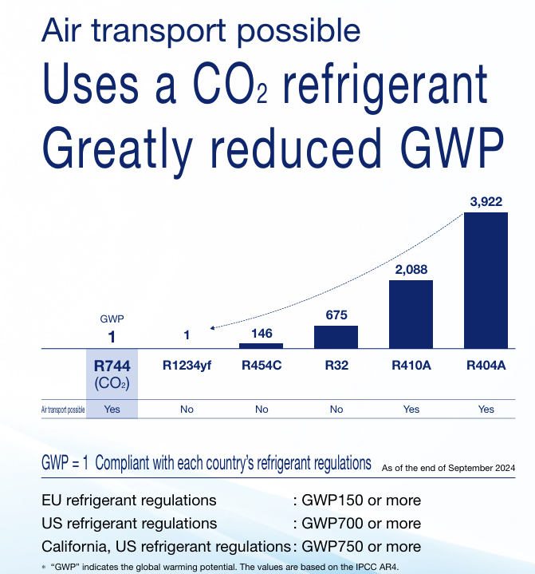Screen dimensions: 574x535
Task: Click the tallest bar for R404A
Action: click(x=486, y=280)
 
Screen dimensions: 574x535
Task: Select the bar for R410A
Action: click(x=411, y=314)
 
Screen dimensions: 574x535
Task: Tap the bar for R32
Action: click(x=336, y=337)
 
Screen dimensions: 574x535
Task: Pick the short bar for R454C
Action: click(x=262, y=346)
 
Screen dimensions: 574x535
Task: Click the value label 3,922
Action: click(x=486, y=201)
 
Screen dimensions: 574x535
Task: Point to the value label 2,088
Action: click(x=411, y=269)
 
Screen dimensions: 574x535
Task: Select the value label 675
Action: click(x=336, y=315)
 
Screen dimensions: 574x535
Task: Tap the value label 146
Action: click(x=262, y=333)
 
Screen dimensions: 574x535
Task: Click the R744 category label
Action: click(x=112, y=366)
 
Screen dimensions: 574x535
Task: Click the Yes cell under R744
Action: click(x=112, y=409)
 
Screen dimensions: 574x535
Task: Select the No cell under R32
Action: click(x=336, y=409)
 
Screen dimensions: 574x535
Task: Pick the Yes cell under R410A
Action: click(x=411, y=409)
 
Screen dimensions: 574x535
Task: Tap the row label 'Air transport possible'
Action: click(x=62, y=410)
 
